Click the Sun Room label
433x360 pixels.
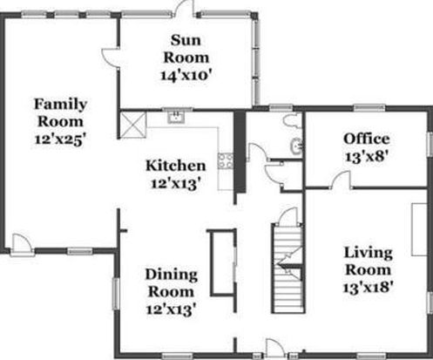186,49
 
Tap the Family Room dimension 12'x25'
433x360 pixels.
60,139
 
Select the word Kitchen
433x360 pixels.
176,166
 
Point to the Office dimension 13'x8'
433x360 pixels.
367,157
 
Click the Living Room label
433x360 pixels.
369,262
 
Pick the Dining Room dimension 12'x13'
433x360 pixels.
171,309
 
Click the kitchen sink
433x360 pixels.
176,117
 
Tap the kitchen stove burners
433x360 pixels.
226,160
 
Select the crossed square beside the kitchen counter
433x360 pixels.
133,125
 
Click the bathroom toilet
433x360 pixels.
293,120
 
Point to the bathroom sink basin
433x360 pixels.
297,146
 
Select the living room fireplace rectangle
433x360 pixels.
419,229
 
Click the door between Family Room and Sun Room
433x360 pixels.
111,58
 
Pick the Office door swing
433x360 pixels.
342,180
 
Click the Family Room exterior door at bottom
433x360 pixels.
22,244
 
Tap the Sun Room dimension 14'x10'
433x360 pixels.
186,76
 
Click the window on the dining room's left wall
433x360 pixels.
116,294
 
